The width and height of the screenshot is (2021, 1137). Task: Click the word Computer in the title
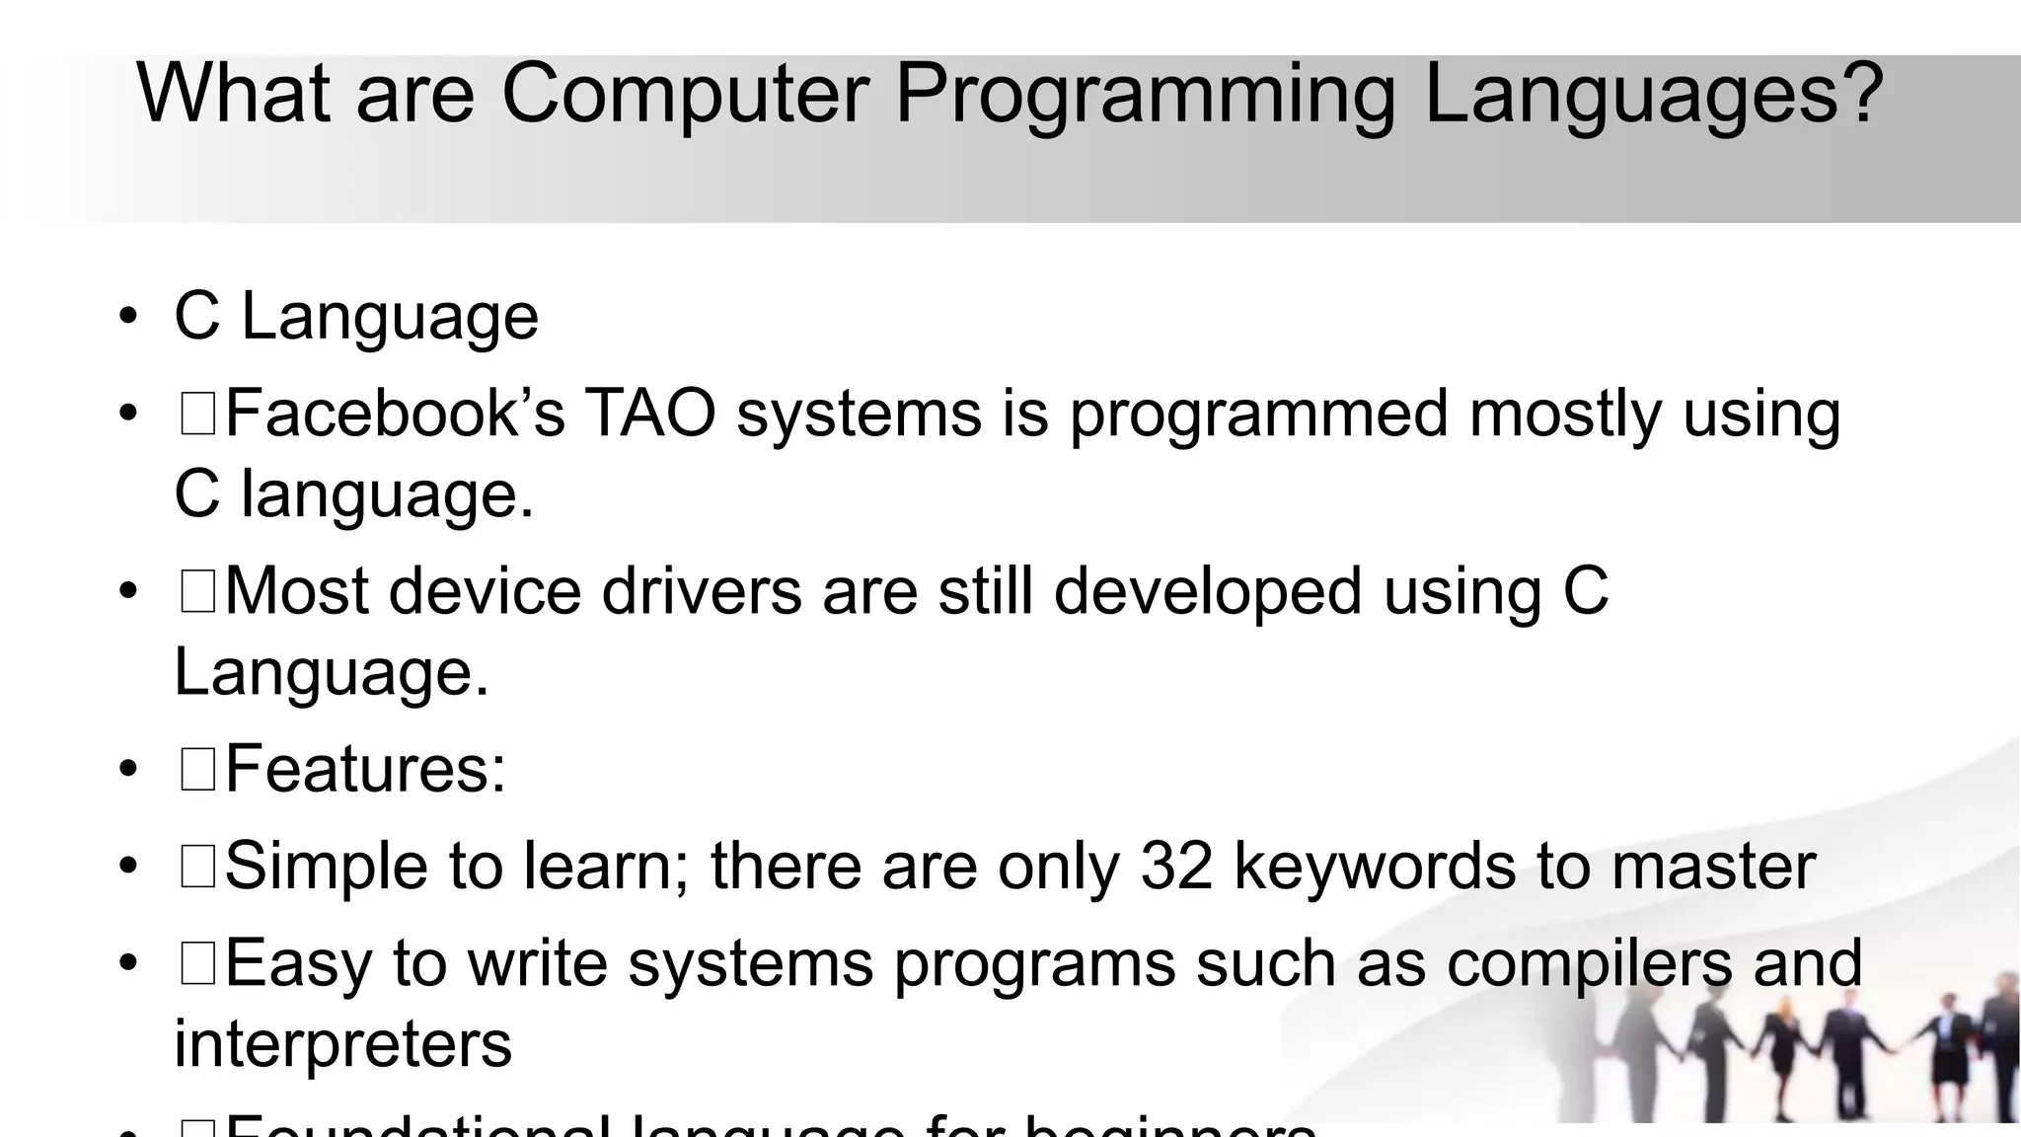[685, 94]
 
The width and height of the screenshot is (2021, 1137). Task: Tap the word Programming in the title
[1145, 96]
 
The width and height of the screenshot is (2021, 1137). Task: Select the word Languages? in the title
[1654, 96]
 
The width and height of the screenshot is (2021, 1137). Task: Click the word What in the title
[233, 94]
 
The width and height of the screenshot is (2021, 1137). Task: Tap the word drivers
[702, 591]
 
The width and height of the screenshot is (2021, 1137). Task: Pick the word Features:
[365, 769]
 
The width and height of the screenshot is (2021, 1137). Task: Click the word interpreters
[342, 1044]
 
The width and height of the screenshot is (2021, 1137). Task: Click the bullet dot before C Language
[127, 317]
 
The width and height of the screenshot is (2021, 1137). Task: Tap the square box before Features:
[198, 770]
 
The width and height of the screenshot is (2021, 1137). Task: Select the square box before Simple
[198, 867]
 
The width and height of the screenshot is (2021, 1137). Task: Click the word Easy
[298, 964]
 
